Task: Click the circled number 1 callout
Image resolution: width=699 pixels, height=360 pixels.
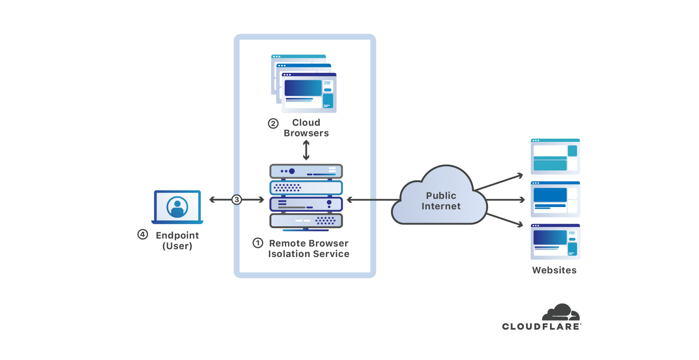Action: coord(258,243)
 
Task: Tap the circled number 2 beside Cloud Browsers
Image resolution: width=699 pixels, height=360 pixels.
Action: coord(273,123)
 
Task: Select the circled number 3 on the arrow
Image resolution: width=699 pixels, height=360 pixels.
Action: coord(237,200)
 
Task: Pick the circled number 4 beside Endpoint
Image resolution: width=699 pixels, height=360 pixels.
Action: coord(143,234)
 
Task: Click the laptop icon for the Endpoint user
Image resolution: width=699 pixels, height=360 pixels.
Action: coord(177,207)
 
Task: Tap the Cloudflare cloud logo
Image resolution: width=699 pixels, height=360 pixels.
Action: coord(561,312)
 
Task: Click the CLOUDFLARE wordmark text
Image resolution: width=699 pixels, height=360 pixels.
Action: coord(541,326)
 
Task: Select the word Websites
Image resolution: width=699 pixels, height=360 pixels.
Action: coord(554,270)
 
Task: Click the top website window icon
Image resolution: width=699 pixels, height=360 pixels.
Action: coord(555,156)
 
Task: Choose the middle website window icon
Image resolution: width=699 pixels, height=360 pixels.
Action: coord(555,199)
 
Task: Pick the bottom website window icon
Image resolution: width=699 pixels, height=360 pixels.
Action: coord(555,241)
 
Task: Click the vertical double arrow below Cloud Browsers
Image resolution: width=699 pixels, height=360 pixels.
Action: coord(306,150)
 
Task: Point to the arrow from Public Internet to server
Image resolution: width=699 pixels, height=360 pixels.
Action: coord(372,200)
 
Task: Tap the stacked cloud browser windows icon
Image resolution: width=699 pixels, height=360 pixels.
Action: coord(304,84)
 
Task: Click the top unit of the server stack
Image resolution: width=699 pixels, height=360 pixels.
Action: coord(306,171)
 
